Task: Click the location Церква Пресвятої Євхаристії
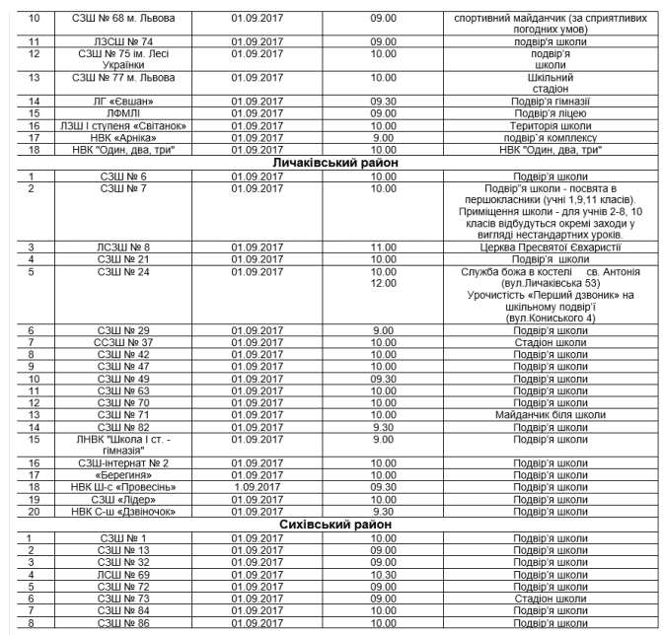[532, 247]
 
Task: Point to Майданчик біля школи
[532, 414]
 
